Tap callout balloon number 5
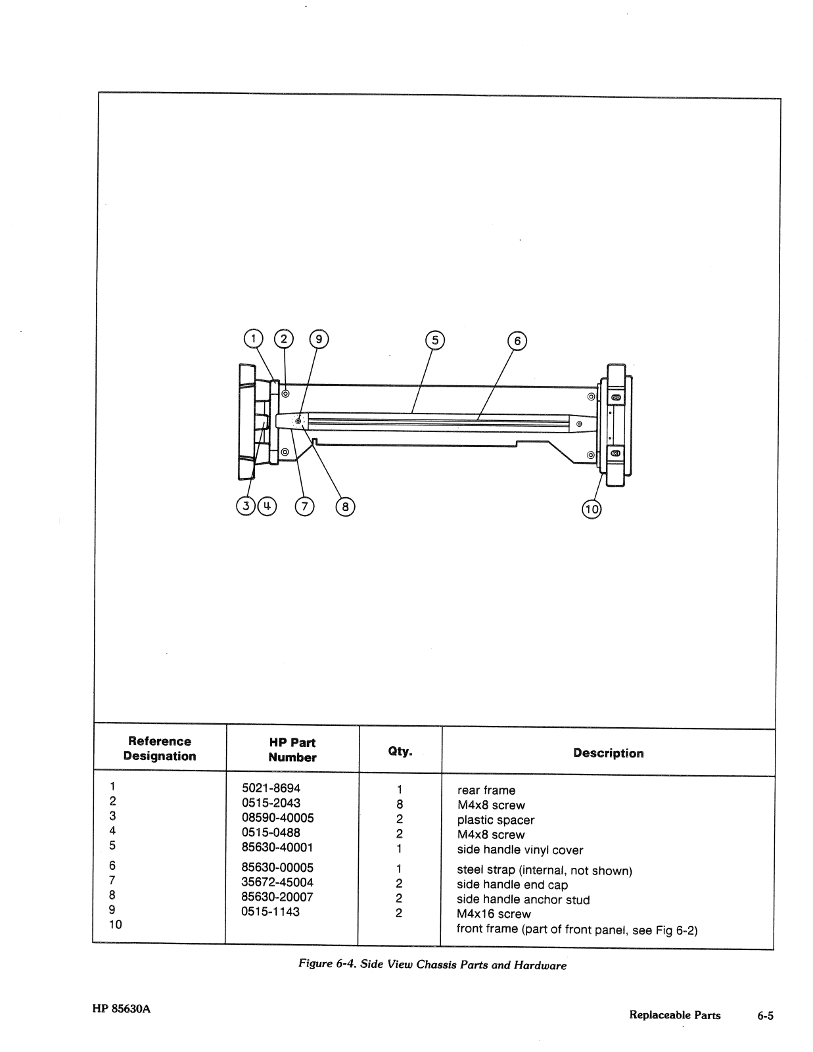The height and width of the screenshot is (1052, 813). tap(435, 340)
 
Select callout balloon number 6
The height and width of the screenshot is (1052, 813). tap(517, 341)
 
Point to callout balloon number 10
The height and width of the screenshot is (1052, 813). tap(592, 509)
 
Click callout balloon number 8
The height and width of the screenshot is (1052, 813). tap(345, 507)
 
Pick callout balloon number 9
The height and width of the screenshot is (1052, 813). tap(319, 339)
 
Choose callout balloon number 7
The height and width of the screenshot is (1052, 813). tap(305, 507)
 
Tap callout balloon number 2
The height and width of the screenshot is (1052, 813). tap(284, 339)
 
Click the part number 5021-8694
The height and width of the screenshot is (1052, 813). tap(271, 788)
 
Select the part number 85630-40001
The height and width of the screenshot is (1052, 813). tap(277, 847)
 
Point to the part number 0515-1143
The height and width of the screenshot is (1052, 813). tap(271, 911)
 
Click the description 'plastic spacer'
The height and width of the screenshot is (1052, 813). tap(496, 820)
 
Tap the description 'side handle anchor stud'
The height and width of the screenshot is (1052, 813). tap(523, 899)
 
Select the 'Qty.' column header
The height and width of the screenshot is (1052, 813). tap(400, 751)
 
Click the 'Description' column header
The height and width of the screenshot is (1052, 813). tap(608, 753)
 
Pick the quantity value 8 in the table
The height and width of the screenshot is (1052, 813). tap(400, 804)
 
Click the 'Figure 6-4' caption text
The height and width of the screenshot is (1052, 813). tap(432, 965)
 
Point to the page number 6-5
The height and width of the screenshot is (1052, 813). tap(765, 1016)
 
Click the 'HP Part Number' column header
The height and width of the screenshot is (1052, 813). tap(292, 750)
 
